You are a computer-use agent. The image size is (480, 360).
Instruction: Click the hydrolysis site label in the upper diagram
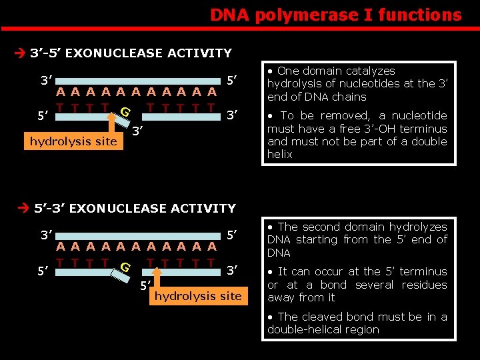click(x=73, y=141)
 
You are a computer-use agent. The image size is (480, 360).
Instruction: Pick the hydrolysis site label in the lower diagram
click(x=198, y=295)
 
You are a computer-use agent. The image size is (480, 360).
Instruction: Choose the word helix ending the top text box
click(x=280, y=154)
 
